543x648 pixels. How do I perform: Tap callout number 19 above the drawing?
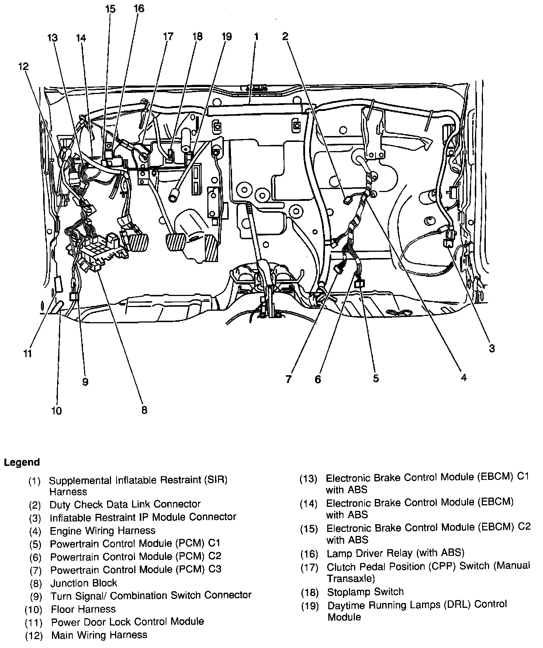click(226, 36)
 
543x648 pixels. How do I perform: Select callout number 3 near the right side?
click(492, 348)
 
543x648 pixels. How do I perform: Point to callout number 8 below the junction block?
click(144, 410)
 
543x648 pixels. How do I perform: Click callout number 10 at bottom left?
click(56, 410)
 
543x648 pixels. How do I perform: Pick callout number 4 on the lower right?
click(464, 377)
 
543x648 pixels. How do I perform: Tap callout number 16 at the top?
click(139, 8)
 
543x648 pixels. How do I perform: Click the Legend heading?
click(22, 462)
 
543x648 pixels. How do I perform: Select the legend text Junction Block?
click(84, 583)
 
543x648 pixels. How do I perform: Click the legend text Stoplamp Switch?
click(365, 592)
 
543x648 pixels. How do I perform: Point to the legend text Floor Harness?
click(83, 609)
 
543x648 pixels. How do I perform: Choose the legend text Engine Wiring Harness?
click(103, 530)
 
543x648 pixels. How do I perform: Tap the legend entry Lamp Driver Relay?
click(395, 553)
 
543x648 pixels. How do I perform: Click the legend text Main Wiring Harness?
click(99, 635)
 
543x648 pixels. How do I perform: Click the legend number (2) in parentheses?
click(35, 505)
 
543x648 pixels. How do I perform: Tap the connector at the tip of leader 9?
click(74, 296)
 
